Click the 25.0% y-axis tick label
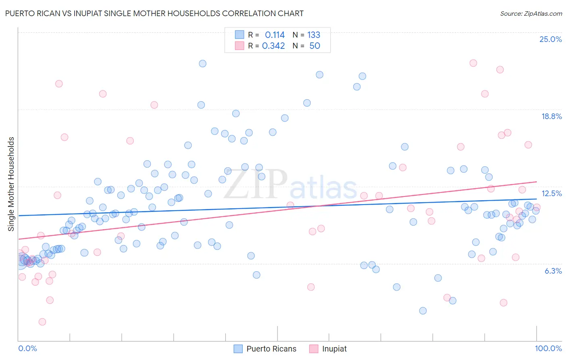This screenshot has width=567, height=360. [x=550, y=39]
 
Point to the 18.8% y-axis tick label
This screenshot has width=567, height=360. [x=551, y=116]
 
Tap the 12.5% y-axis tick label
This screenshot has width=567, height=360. [x=551, y=193]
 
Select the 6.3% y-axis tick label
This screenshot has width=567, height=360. [x=553, y=271]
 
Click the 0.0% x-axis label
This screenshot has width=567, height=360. [x=27, y=348]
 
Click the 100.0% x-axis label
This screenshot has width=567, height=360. [x=548, y=348]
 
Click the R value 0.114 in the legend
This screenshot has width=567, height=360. [x=275, y=35]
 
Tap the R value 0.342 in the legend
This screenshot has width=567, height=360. [x=273, y=46]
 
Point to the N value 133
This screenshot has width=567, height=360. [x=314, y=35]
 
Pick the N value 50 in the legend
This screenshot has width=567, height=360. [x=315, y=46]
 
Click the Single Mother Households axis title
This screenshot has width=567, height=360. [x=11, y=184]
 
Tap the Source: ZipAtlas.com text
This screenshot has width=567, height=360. [x=531, y=13]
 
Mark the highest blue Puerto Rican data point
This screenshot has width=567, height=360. [x=202, y=63]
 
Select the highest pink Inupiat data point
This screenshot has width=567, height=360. [x=473, y=63]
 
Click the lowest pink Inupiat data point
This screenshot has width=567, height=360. [x=42, y=322]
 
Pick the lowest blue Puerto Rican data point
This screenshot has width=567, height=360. [x=423, y=310]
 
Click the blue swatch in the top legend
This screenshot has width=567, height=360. [x=240, y=35]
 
